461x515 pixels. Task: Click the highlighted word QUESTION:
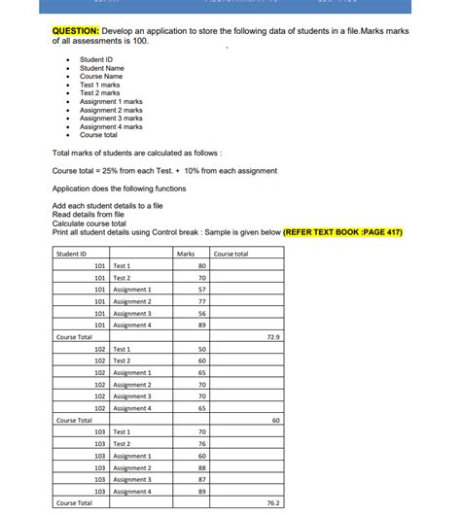(x=77, y=32)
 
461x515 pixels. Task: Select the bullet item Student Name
(x=102, y=68)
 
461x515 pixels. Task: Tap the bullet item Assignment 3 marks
(x=111, y=118)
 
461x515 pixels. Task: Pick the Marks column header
(x=186, y=254)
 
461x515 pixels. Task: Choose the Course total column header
(x=230, y=254)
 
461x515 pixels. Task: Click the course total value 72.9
(x=273, y=336)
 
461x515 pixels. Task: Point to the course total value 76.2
(x=273, y=503)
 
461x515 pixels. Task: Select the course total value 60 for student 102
(x=276, y=420)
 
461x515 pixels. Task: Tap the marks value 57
(x=201, y=290)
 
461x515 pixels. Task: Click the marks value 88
(x=201, y=467)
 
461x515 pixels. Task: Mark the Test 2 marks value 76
(x=201, y=443)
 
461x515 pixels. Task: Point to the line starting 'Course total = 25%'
(x=137, y=170)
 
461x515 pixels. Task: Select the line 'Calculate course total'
(x=89, y=223)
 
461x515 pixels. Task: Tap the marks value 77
(x=201, y=301)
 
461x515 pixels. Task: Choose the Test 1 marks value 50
(x=201, y=349)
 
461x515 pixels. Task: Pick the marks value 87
(x=201, y=479)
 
